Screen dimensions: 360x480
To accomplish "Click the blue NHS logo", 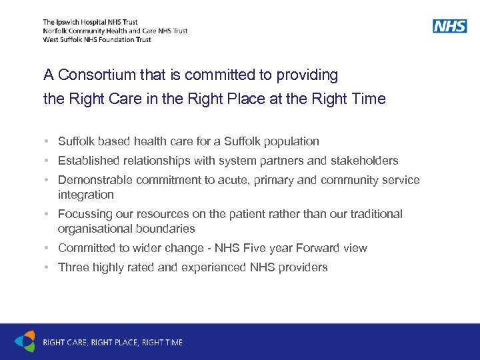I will click(449, 26).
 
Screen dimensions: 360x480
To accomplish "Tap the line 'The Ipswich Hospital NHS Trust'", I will click(90, 22).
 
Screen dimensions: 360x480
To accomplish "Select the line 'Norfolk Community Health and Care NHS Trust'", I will click(115, 31).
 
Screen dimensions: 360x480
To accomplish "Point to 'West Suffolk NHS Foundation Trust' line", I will click(97, 39).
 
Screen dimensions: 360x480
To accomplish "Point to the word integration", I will click(86, 195).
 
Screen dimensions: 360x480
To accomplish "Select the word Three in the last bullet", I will click(72, 267).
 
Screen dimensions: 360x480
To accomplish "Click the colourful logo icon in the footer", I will click(25, 341).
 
